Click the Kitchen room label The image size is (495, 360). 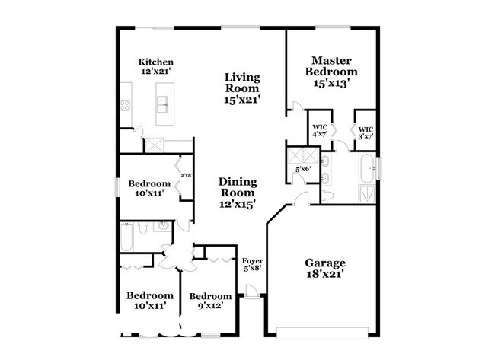(156, 66)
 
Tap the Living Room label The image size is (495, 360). (242, 88)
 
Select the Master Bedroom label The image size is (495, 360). (331, 72)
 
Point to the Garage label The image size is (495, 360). (325, 268)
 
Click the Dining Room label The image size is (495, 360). (238, 193)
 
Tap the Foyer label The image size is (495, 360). (253, 265)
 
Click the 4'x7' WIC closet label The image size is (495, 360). (320, 130)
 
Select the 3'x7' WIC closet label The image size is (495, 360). (366, 133)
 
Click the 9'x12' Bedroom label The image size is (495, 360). (210, 301)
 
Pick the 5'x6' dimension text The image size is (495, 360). (303, 169)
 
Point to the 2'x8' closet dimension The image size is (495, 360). (187, 175)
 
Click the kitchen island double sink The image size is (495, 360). (162, 104)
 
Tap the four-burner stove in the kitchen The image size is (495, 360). (125, 105)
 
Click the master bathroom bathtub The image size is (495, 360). (367, 168)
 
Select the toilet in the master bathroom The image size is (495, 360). (327, 196)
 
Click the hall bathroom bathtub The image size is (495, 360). (126, 237)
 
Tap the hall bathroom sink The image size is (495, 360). (162, 226)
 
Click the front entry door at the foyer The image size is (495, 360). (251, 291)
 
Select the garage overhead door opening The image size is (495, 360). (322, 333)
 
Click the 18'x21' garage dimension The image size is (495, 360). (325, 274)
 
